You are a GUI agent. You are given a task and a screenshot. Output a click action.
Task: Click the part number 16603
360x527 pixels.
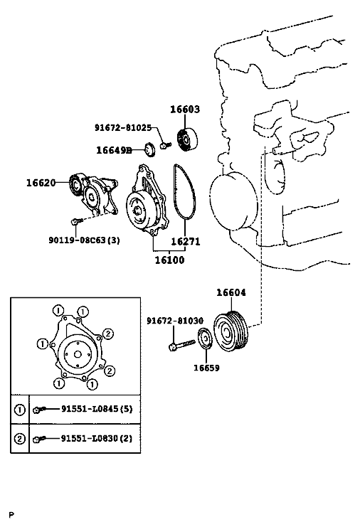184,110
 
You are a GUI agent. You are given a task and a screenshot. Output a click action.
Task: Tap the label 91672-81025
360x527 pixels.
123,128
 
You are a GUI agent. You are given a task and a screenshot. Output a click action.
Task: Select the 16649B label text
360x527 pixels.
114,150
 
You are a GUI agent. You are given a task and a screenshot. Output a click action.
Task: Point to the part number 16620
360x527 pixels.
41,183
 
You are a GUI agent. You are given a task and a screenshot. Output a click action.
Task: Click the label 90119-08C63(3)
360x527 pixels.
85,240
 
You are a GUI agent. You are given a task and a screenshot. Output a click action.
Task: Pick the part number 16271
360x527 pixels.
186,241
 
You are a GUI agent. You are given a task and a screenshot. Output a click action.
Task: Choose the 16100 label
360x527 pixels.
169,260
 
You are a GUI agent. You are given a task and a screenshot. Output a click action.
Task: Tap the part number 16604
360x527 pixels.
231,292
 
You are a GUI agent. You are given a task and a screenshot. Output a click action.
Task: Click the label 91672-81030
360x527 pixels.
175,321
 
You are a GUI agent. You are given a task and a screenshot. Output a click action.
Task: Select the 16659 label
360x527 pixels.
206,368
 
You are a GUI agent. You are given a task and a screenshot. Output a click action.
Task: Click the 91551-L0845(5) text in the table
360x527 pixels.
97,409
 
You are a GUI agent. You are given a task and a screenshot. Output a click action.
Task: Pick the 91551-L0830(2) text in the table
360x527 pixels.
97,438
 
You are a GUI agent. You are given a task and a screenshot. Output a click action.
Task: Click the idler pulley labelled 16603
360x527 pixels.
186,140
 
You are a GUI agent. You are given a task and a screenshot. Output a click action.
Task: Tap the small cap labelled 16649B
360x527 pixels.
150,149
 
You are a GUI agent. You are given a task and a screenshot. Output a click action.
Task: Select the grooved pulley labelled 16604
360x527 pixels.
231,331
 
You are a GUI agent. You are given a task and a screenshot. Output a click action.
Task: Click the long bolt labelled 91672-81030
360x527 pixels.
182,345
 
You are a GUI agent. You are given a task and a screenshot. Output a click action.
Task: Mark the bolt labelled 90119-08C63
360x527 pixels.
77,220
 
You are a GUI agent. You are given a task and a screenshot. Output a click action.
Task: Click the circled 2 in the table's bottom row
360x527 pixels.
20,439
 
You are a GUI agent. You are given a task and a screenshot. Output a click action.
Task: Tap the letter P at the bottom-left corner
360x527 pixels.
12,515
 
